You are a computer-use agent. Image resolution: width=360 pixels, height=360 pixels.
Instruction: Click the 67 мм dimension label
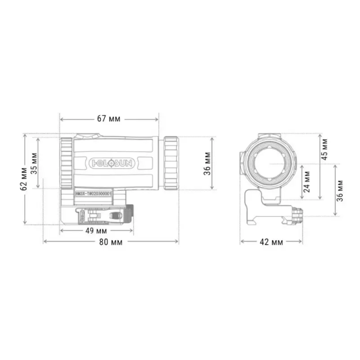click(x=109, y=119)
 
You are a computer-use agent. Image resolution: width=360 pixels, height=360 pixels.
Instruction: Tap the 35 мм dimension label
click(x=34, y=163)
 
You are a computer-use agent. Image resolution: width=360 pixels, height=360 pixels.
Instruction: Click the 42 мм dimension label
click(x=271, y=242)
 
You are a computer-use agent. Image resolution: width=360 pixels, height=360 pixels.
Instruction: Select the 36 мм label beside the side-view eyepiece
click(x=207, y=163)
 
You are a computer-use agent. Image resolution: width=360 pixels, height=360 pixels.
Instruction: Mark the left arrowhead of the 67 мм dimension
click(x=62, y=119)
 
